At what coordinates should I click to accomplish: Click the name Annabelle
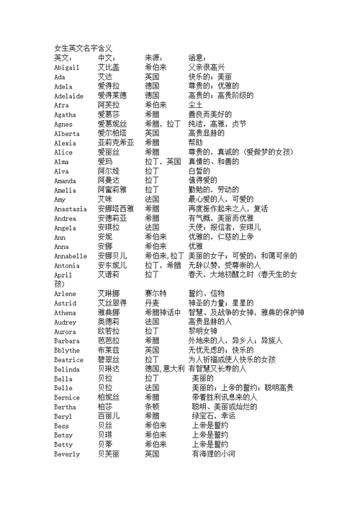pyautogui.click(x=71, y=256)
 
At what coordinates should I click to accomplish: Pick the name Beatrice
pyautogui.click(x=68, y=359)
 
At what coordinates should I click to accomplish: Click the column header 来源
pyautogui.click(x=154, y=57)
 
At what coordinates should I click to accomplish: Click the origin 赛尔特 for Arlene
pyautogui.click(x=156, y=293)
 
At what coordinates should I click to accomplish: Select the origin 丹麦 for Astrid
pyautogui.click(x=152, y=302)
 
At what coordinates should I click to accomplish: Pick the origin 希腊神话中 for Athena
pyautogui.click(x=163, y=312)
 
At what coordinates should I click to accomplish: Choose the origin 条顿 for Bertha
pyautogui.click(x=152, y=406)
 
